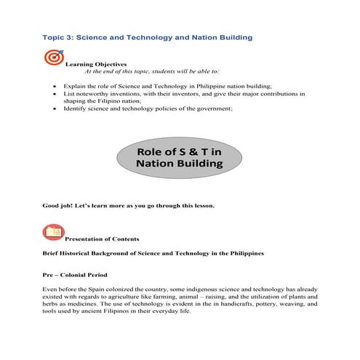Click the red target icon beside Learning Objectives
[53, 57]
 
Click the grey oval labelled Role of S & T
[180, 158]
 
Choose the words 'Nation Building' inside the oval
[180, 165]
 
